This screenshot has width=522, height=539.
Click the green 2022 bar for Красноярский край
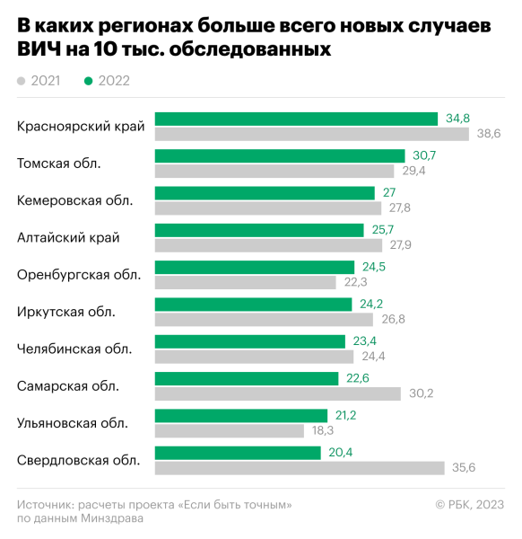[x=296, y=119]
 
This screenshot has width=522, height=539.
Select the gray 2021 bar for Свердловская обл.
[x=300, y=467]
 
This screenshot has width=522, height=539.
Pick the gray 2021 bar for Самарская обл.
[x=278, y=393]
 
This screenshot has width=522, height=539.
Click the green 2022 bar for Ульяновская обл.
[x=241, y=415]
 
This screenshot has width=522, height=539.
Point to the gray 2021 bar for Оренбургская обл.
[x=246, y=282]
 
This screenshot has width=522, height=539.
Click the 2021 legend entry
[x=39, y=81]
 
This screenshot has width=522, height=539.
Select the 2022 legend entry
[x=107, y=81]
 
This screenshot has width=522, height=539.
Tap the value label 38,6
[x=488, y=134]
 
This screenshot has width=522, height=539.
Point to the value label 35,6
[x=464, y=467]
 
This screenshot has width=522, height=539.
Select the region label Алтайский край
[x=68, y=237]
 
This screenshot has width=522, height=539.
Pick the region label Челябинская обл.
[x=74, y=349]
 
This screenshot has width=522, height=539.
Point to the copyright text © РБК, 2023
[x=469, y=505]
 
